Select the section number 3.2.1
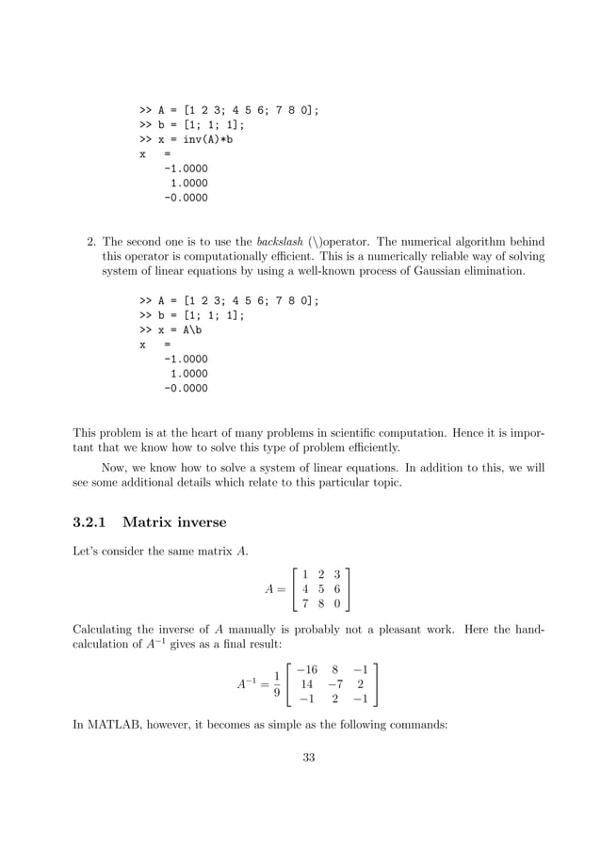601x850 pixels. (91, 522)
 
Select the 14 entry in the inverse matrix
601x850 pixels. (305, 685)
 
